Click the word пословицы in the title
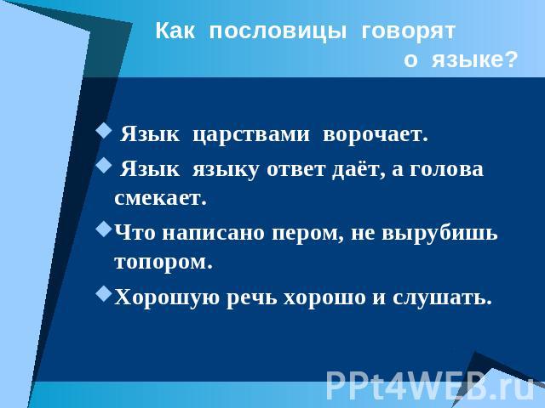coord(278,32)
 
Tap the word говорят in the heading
coord(409,32)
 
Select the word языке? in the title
coord(475,60)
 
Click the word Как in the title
coord(175,31)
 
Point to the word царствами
coord(251,135)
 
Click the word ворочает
coord(376,134)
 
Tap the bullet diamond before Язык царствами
coord(104,132)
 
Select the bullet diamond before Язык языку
coord(104,166)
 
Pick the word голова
coord(446,170)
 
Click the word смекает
coord(161,198)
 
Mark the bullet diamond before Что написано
coord(104,229)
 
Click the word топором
coord(163,263)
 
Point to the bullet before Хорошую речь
coord(104,293)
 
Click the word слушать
coord(443,298)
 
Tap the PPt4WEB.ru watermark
coord(430,385)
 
